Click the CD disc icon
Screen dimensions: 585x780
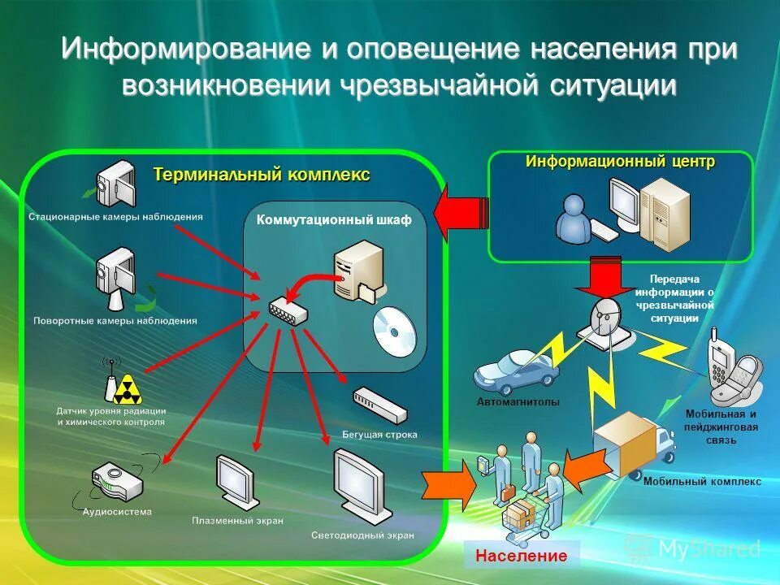[394, 331]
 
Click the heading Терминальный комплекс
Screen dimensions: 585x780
[262, 174]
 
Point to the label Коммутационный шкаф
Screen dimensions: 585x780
[334, 220]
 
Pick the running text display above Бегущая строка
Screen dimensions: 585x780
[379, 405]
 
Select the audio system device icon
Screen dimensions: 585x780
[116, 481]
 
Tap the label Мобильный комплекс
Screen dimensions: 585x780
[702, 481]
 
